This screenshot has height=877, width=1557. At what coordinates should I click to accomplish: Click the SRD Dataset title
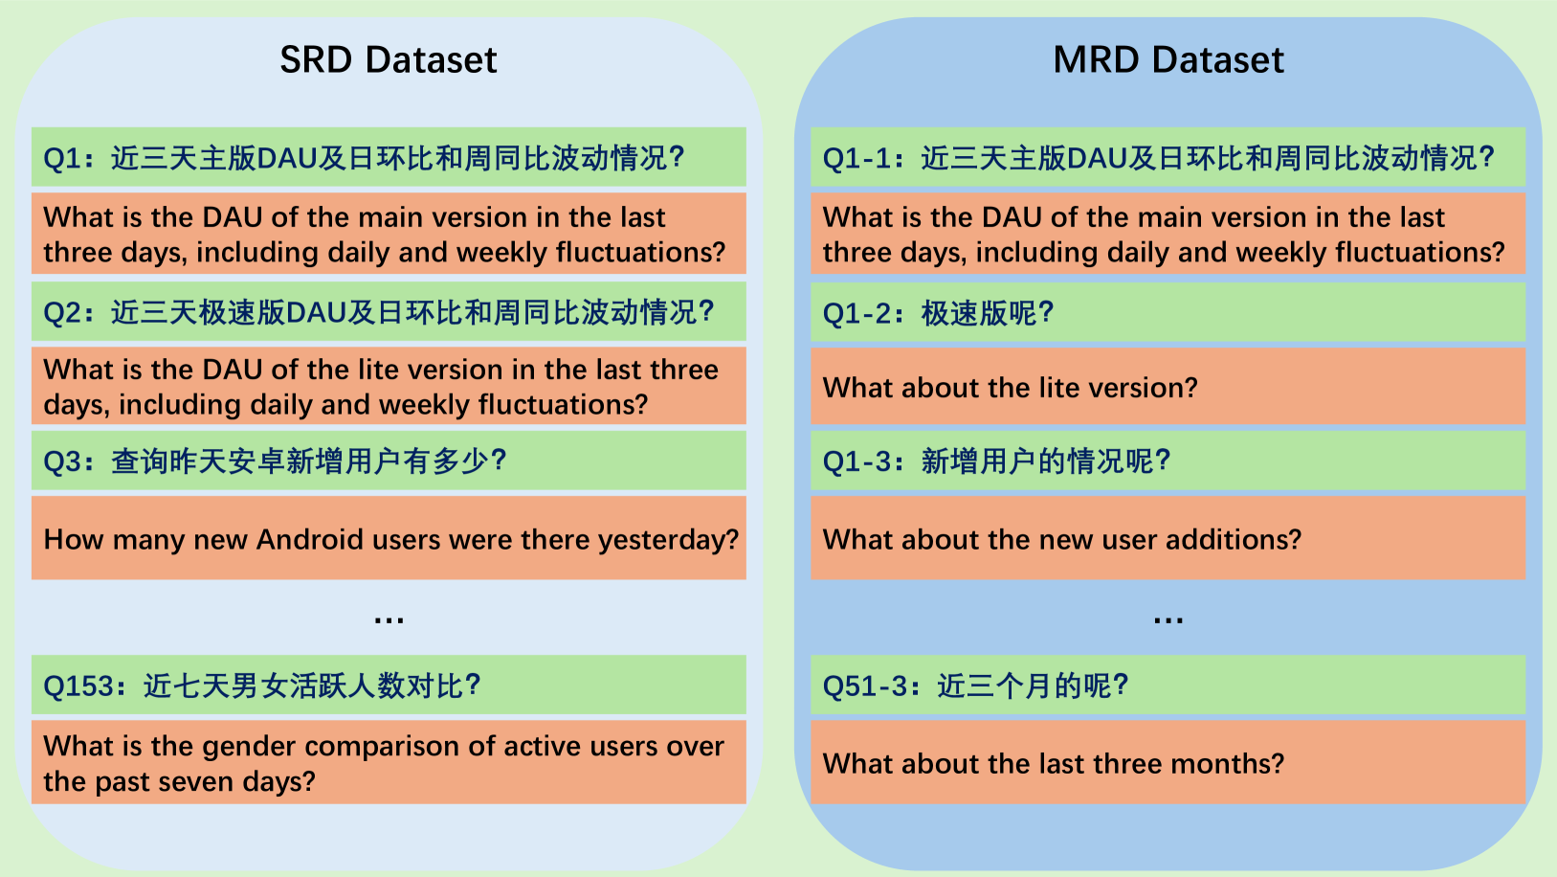[388, 59]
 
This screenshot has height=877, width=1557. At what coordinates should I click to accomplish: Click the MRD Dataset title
[1168, 59]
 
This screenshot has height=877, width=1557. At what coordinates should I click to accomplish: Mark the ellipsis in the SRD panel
[389, 620]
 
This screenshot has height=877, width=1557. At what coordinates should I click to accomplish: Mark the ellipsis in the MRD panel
[1168, 620]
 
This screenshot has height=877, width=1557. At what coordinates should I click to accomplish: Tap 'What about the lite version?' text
[1010, 388]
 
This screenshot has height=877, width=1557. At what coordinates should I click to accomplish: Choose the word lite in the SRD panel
[379, 370]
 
